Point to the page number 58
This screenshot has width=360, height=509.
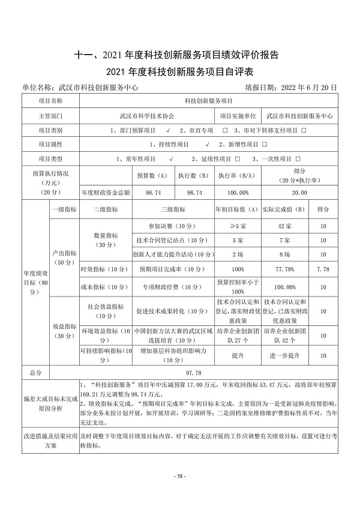point(180,476)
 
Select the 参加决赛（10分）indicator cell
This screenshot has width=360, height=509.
point(172,226)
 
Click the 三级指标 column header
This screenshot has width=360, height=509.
point(172,209)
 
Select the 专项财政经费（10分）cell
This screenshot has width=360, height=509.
point(172,286)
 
